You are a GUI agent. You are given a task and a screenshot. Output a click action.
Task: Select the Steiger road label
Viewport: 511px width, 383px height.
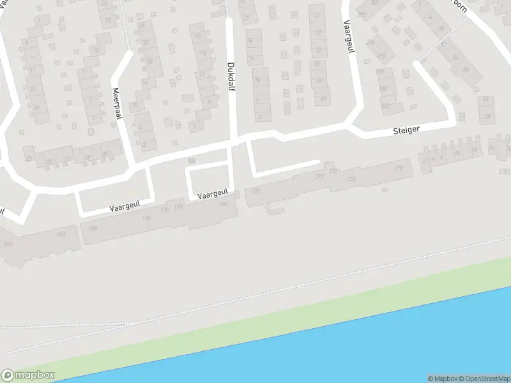(406, 130)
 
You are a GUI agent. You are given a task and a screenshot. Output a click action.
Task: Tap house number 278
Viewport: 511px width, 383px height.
(399, 168)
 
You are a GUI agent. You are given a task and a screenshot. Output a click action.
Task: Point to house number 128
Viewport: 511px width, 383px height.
(146, 218)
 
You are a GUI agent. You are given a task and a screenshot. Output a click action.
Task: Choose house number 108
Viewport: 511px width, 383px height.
(93, 229)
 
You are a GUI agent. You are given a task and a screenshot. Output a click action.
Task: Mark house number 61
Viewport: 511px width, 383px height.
(317, 15)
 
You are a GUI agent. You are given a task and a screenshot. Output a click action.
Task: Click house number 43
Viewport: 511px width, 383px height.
(323, 99)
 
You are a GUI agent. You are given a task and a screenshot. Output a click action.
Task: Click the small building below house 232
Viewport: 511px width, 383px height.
(384, 190)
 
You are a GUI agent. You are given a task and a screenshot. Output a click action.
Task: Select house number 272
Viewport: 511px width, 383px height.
(319, 176)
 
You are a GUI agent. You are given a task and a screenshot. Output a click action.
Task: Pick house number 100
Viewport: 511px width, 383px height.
(8, 244)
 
